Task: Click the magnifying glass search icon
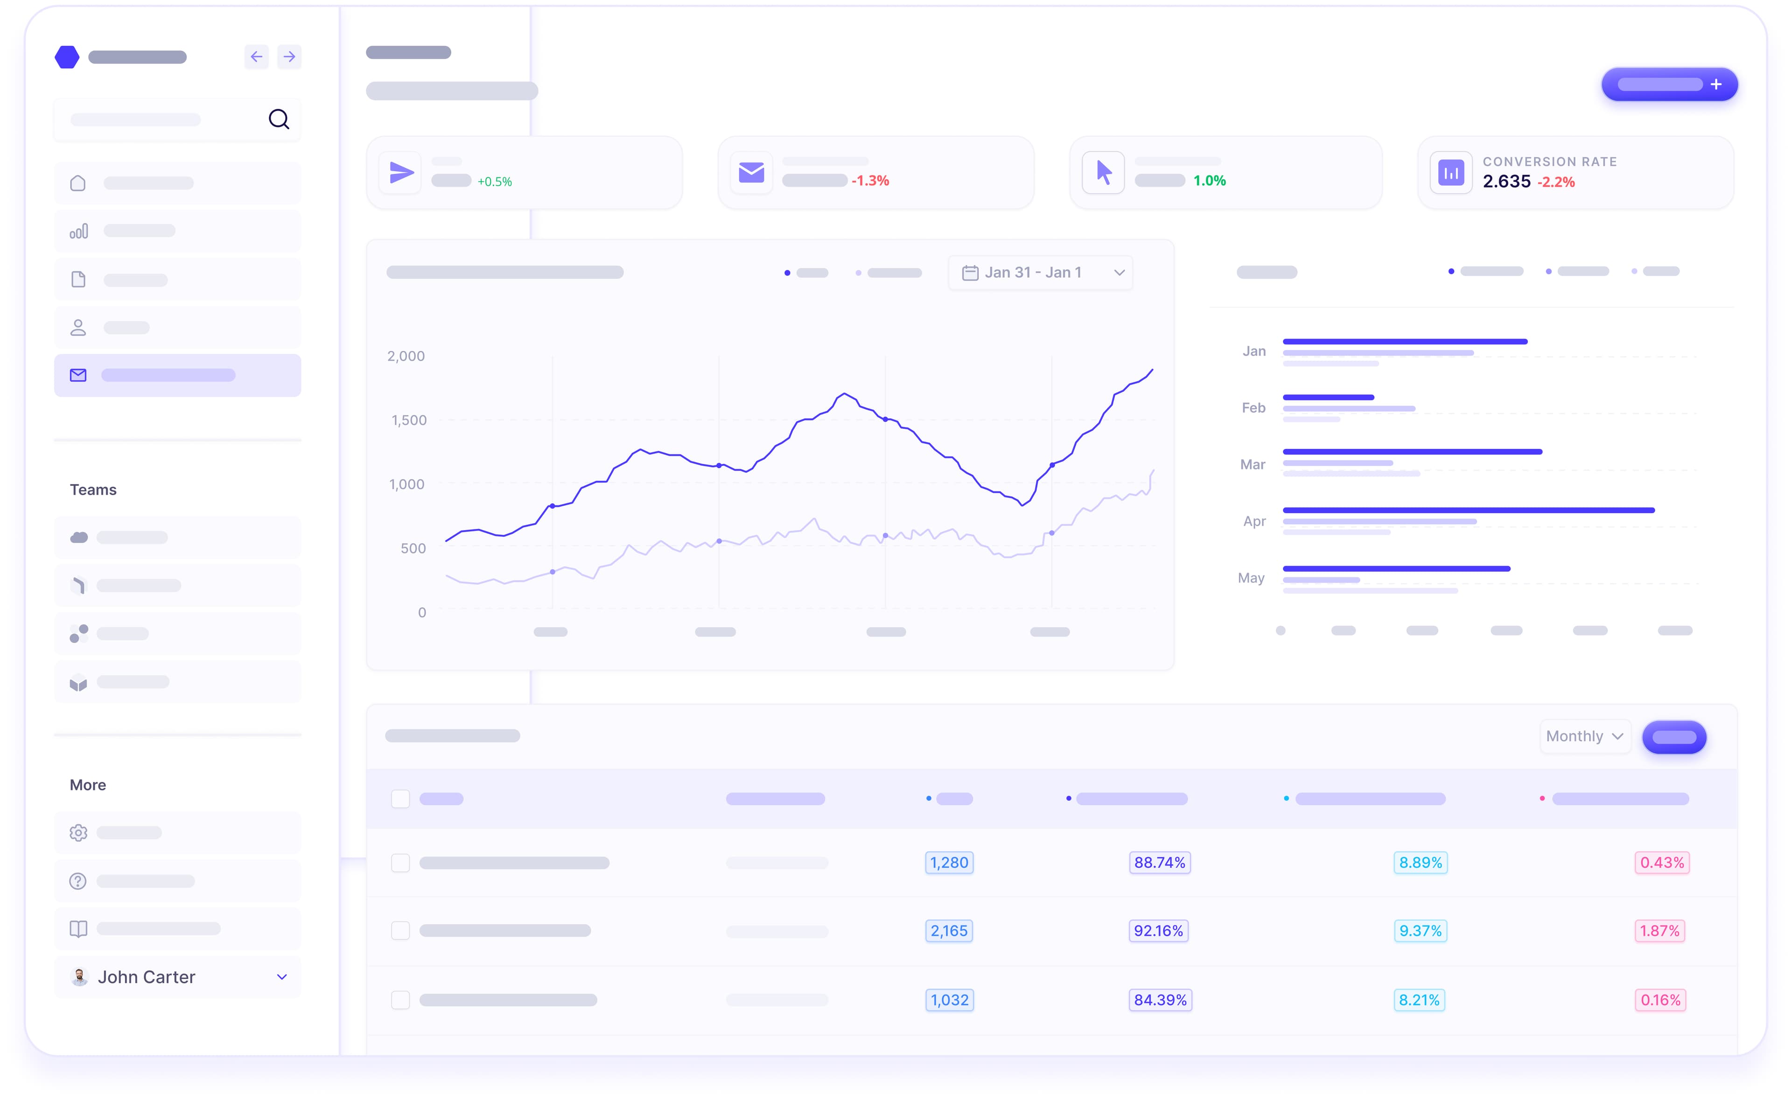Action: pos(279,119)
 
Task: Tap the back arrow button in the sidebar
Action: pos(256,57)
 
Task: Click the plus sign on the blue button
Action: pos(1715,84)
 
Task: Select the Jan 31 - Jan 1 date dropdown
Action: pos(1040,273)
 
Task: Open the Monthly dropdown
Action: pos(1584,736)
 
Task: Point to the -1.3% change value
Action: pos(870,181)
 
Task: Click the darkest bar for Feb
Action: pos(1328,397)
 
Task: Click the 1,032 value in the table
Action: pos(949,1000)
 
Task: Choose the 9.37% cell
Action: pos(1420,931)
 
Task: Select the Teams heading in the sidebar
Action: pos(93,490)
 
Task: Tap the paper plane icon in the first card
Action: pos(401,172)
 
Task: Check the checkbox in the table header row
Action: pos(400,799)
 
